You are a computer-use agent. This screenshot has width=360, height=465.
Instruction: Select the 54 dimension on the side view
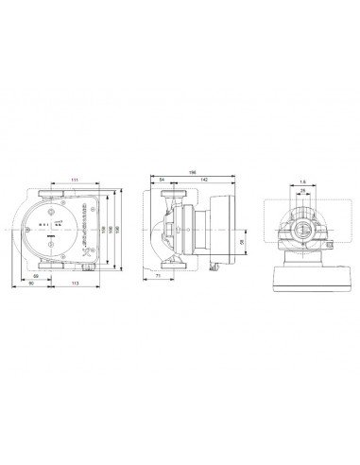click(x=162, y=180)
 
